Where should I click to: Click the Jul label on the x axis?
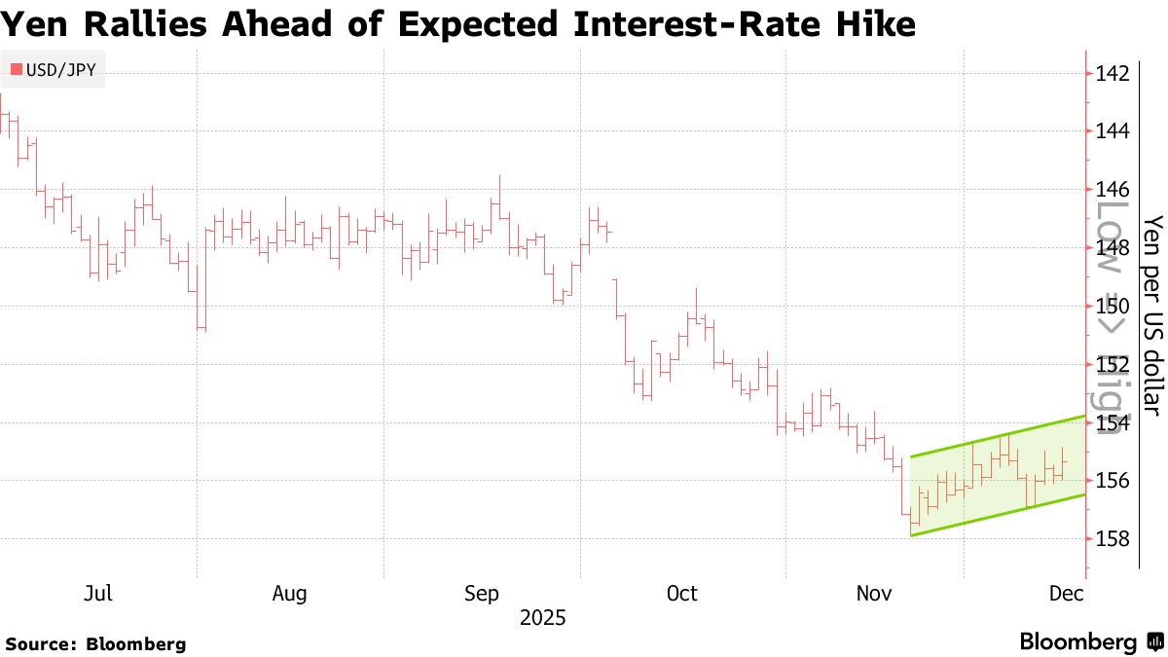click(x=99, y=594)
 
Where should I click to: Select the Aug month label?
click(x=290, y=594)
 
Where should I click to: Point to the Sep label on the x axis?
click(x=483, y=594)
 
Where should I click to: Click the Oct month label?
click(x=681, y=594)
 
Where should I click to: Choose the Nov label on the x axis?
click(x=872, y=594)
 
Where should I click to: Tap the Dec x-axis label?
click(x=1068, y=594)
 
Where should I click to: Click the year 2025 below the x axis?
click(x=542, y=618)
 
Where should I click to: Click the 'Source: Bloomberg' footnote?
click(x=95, y=643)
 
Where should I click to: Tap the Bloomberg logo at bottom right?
click(x=1090, y=642)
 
